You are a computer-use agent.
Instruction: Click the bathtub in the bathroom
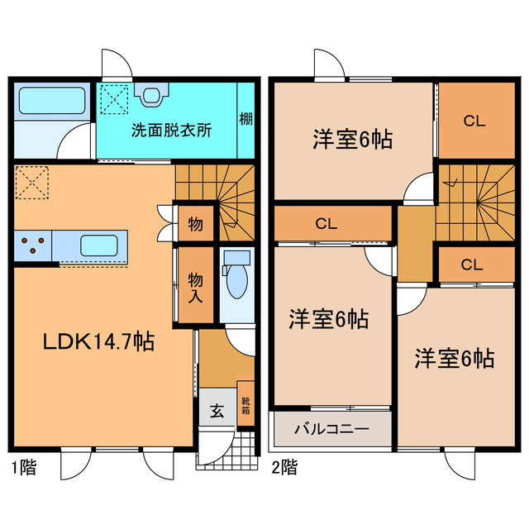(x=52, y=101)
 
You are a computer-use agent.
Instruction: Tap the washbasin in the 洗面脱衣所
(x=151, y=94)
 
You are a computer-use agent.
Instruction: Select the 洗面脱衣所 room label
(x=171, y=131)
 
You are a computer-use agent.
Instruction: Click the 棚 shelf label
(x=246, y=119)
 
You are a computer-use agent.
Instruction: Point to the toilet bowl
(x=237, y=281)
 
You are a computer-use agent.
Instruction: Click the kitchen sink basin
(x=99, y=245)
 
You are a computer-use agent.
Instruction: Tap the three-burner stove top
(x=33, y=245)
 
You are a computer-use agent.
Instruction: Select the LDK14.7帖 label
(x=98, y=341)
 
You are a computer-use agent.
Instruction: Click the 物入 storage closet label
(x=196, y=288)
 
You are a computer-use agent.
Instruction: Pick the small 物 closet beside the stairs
(x=196, y=224)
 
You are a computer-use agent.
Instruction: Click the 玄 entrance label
(x=217, y=411)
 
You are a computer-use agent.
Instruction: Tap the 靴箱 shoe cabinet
(x=245, y=403)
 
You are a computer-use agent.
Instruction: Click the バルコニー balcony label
(x=332, y=429)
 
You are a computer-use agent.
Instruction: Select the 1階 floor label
(x=24, y=468)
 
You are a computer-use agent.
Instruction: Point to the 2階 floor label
(x=284, y=468)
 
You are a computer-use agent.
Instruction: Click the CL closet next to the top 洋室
(x=476, y=121)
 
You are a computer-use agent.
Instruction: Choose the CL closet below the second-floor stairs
(x=476, y=264)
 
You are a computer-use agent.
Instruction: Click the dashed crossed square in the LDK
(x=32, y=182)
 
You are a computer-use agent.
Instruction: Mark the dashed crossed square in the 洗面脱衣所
(x=114, y=99)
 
